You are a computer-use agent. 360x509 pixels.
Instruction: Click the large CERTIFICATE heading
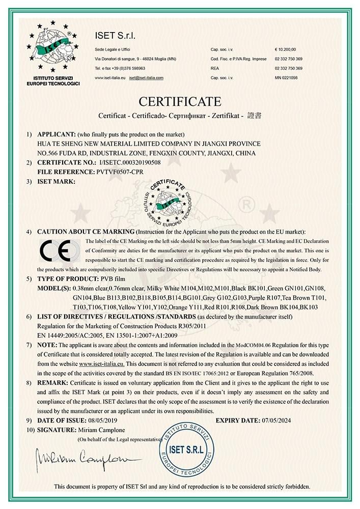(180, 101)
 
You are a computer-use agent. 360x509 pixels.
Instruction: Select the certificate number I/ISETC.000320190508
(130, 162)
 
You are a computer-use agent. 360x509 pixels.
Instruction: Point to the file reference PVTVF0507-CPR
(120, 172)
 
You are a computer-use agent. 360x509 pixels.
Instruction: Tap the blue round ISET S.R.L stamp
(186, 450)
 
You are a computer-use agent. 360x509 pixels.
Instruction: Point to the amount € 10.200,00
(285, 49)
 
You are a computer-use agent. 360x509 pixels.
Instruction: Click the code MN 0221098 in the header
(286, 77)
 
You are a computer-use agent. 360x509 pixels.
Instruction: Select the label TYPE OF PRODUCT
(66, 279)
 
